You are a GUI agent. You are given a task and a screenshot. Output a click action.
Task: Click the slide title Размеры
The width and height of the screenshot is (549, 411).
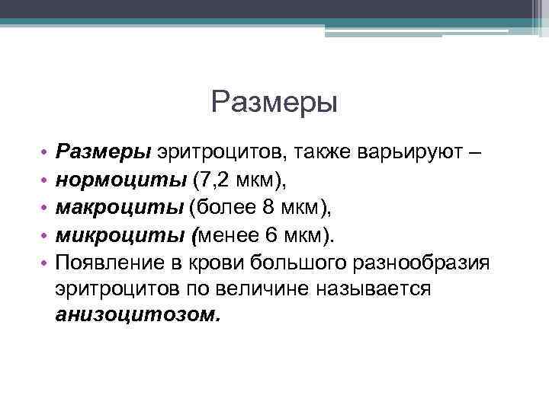pos(274,101)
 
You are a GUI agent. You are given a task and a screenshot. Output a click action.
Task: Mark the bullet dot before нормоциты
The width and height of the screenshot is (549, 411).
pos(46,180)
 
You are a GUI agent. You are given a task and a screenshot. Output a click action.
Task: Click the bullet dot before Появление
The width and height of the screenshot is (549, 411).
pos(46,263)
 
